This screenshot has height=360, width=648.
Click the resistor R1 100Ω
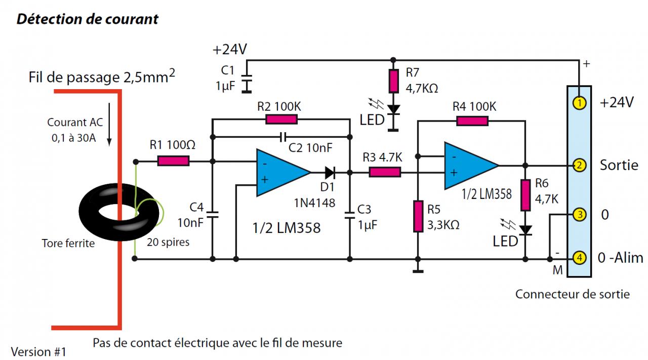173,162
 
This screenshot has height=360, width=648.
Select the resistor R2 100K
281,119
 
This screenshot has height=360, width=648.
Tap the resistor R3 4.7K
385,172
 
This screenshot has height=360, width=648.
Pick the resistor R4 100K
472,121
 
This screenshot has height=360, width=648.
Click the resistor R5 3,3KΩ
418,216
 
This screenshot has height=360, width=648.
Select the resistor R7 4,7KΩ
393,81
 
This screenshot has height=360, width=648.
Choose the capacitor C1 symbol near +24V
247,84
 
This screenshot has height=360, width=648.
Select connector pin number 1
579,103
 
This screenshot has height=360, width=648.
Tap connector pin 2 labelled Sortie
579,165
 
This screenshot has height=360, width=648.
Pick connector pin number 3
579,215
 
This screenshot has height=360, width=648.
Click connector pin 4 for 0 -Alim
579,258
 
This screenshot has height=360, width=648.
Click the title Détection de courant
88,19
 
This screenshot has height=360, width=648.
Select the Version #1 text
38,351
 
